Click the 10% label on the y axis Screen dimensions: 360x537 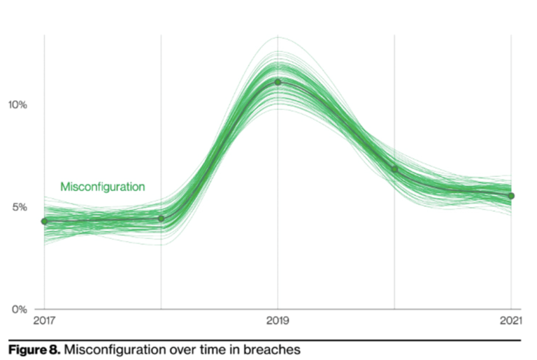[x=17, y=105]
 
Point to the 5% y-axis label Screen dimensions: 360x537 [x=19, y=207]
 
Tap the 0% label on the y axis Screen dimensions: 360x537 [x=19, y=309]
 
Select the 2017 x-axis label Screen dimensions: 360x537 [x=45, y=322]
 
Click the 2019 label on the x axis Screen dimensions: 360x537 [x=278, y=322]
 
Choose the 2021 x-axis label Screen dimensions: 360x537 [x=510, y=322]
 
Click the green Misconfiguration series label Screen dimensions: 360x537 [x=103, y=187]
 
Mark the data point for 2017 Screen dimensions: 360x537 [x=45, y=221]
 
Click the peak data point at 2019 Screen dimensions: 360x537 [x=278, y=82]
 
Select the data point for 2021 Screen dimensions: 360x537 [x=511, y=196]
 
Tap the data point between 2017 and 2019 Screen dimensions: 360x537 [x=161, y=218]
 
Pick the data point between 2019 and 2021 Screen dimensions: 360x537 [x=394, y=169]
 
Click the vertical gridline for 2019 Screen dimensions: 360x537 [x=278, y=210]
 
